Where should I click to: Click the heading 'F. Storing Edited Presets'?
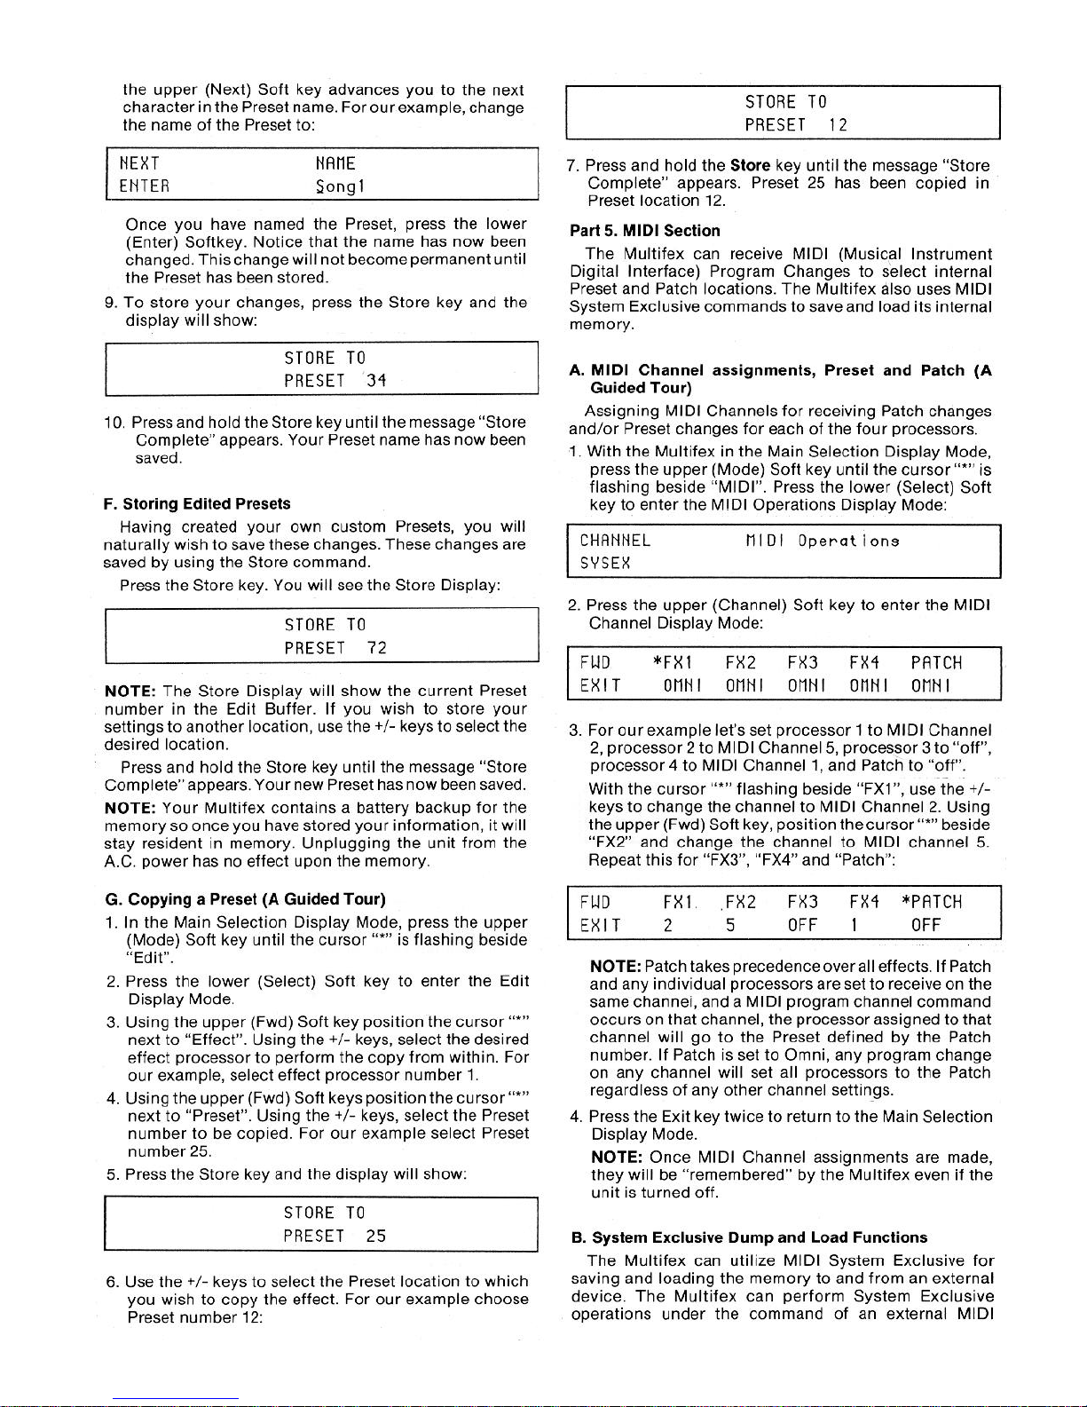point(196,504)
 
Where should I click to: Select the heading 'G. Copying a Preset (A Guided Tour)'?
point(244,899)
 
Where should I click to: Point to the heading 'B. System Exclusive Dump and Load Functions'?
point(749,1237)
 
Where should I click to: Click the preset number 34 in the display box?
point(376,381)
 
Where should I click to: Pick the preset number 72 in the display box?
point(376,648)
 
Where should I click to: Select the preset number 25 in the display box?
point(376,1236)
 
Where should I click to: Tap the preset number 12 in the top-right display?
point(838,125)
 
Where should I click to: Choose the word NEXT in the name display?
point(140,164)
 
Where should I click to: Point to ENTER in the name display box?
point(144,186)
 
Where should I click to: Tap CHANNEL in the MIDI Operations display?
point(615,541)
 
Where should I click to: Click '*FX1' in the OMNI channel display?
point(672,663)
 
